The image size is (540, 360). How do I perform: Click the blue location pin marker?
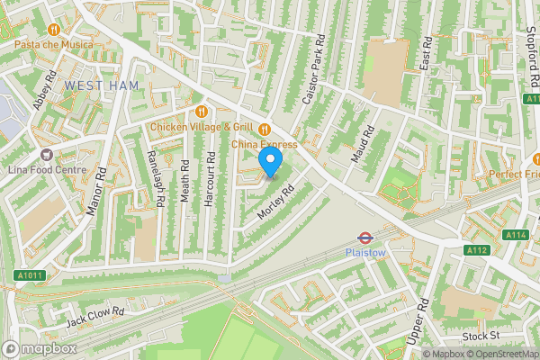pyautogui.click(x=271, y=162)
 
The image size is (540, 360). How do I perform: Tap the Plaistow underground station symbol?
pyautogui.click(x=365, y=238)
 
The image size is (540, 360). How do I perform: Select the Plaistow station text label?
pyautogui.click(x=365, y=254)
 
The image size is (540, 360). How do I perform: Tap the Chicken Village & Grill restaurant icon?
pyautogui.click(x=202, y=112)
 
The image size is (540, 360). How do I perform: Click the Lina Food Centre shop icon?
pyautogui.click(x=45, y=155)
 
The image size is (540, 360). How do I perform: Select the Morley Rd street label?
pyautogui.click(x=277, y=206)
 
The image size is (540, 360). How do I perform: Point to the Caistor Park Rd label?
pyautogui.click(x=312, y=69)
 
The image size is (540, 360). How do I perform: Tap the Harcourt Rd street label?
pyautogui.click(x=210, y=179)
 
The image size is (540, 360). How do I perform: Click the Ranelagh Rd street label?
pyautogui.click(x=154, y=177)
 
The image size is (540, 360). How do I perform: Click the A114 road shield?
pyautogui.click(x=515, y=235)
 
